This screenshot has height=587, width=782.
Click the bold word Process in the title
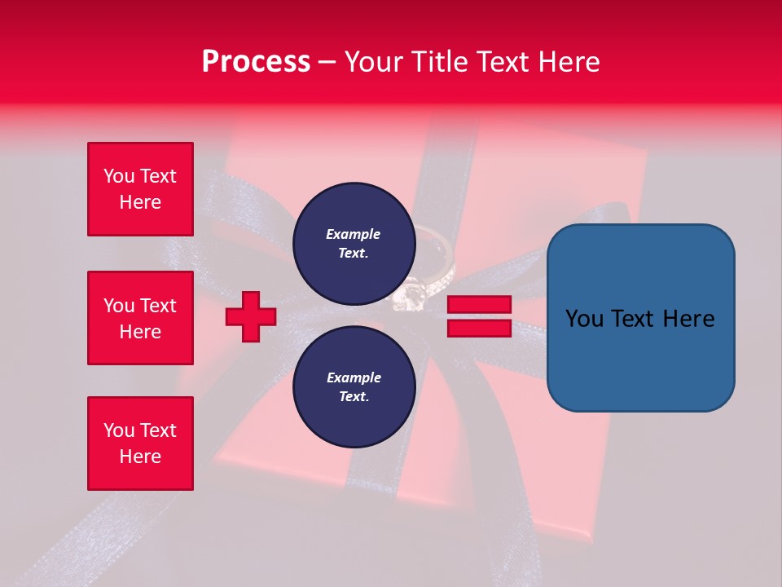pos(256,62)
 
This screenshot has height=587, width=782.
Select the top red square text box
pos(140,189)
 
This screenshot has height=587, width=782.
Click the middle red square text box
pos(140,318)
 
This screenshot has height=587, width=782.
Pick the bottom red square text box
pos(140,444)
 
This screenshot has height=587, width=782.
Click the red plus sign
pos(251,316)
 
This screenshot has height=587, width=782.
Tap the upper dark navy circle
pos(354,243)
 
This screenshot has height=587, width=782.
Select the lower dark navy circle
pos(354,386)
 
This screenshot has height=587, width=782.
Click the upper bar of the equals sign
pos(479,305)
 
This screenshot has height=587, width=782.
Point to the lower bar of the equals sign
pos(479,328)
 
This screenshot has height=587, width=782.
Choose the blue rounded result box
pos(640,318)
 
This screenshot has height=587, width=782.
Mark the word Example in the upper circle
pos(353,234)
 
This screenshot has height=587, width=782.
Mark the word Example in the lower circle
pos(354,377)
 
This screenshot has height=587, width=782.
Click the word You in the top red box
pos(119,176)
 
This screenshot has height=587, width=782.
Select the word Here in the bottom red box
pos(140,457)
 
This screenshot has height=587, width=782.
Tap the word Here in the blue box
pos(688,319)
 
